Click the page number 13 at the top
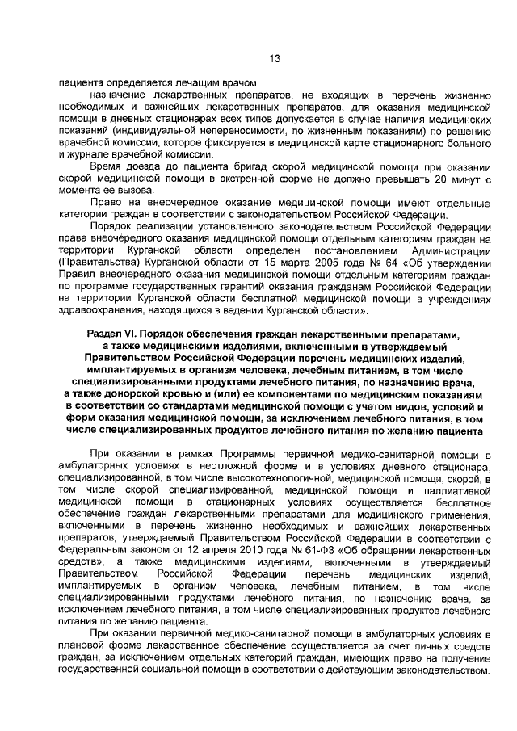(274, 58)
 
